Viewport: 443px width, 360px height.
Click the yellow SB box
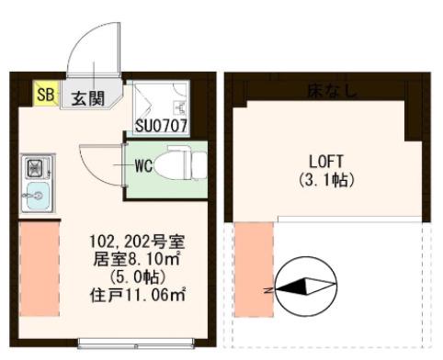[46, 93]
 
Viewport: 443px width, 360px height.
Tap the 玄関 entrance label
[88, 98]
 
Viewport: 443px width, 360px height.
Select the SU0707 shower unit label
[161, 126]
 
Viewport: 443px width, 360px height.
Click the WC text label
[143, 166]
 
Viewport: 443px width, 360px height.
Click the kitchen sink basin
[39, 196]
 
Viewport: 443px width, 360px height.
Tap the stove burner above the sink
[36, 168]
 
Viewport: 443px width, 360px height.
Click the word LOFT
[326, 162]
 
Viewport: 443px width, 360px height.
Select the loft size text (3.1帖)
[326, 180]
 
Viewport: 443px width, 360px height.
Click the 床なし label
[332, 91]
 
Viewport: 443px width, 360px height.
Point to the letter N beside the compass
[268, 290]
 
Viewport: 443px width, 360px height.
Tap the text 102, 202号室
[137, 242]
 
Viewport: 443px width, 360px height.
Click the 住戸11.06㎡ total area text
[138, 295]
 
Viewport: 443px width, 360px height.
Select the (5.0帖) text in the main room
[138, 277]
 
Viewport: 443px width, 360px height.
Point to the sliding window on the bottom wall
[136, 343]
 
